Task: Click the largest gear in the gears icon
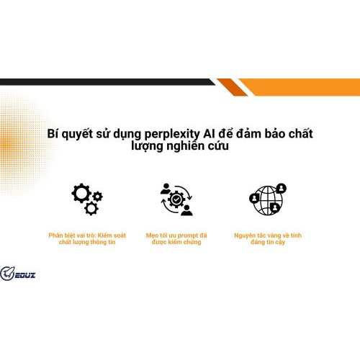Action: (81, 193)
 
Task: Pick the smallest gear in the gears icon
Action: (98, 196)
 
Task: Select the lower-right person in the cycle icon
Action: (187, 209)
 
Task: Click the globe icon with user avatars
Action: (267, 199)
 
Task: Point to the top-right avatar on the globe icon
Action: (281, 189)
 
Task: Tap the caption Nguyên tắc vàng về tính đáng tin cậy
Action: (267, 238)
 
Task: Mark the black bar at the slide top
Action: (108, 82)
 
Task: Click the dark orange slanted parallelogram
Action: (233, 87)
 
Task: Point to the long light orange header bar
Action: (302, 87)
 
